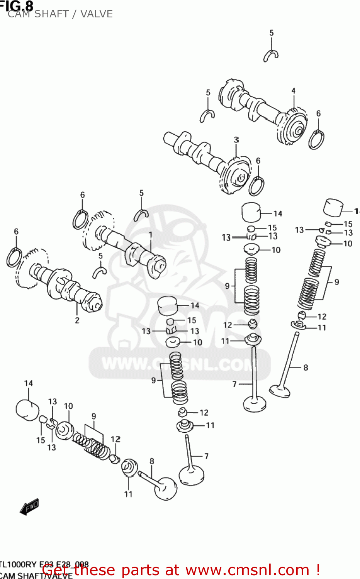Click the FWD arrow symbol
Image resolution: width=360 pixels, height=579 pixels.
(29, 507)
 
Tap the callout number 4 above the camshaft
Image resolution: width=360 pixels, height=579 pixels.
(293, 91)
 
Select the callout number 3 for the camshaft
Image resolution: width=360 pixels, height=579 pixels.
(236, 140)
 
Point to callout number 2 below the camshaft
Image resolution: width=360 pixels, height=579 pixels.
(77, 320)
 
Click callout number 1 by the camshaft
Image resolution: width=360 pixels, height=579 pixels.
(151, 234)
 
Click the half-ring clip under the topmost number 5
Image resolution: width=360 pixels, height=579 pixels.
(271, 56)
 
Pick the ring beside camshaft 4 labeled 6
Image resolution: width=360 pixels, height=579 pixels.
(316, 140)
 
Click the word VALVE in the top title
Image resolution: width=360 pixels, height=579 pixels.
(97, 14)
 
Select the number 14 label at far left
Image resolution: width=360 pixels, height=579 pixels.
(29, 383)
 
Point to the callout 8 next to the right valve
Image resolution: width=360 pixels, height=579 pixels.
(306, 367)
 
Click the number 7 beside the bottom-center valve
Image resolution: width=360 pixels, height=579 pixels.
(206, 456)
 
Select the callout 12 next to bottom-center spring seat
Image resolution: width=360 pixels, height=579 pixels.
(204, 413)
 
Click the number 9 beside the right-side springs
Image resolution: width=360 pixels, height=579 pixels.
(336, 282)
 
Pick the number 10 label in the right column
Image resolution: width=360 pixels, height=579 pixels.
(348, 244)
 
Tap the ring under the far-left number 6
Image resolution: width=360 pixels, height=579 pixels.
(14, 258)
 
